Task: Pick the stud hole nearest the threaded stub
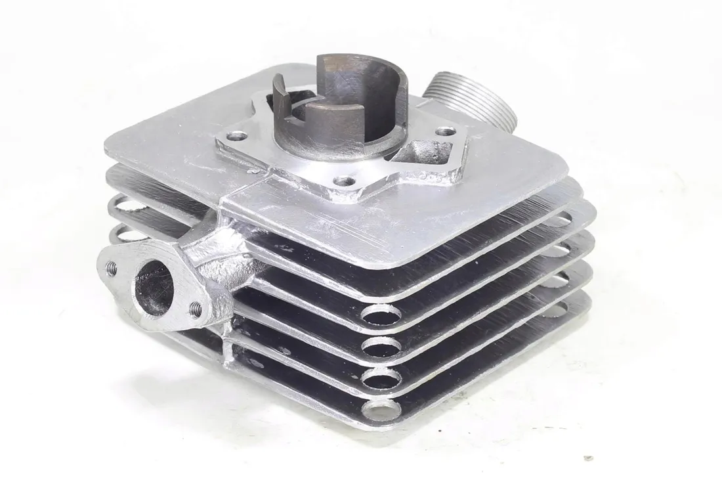click(446, 131)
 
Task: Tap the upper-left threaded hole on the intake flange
click(112, 267)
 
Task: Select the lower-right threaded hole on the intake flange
click(196, 307)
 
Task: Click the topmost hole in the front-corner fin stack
click(381, 316)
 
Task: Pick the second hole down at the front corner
click(381, 347)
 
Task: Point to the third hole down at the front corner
click(382, 378)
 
